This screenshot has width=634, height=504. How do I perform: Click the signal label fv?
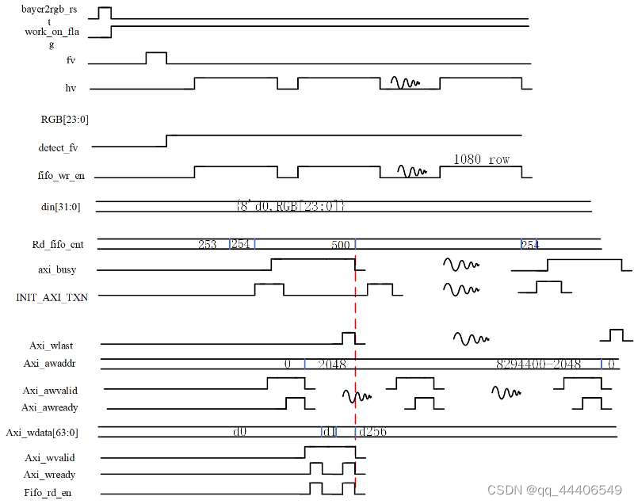click(x=71, y=60)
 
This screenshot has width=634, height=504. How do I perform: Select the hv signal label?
click(x=71, y=88)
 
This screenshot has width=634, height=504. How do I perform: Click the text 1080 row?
click(x=481, y=159)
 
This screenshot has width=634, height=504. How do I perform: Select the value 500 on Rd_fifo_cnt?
click(x=341, y=246)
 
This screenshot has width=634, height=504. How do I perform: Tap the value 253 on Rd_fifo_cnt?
click(x=208, y=245)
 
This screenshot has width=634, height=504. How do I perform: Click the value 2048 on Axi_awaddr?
click(x=331, y=365)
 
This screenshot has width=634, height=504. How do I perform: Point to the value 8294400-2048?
click(x=538, y=365)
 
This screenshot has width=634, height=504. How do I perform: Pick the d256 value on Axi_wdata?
click(x=372, y=433)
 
